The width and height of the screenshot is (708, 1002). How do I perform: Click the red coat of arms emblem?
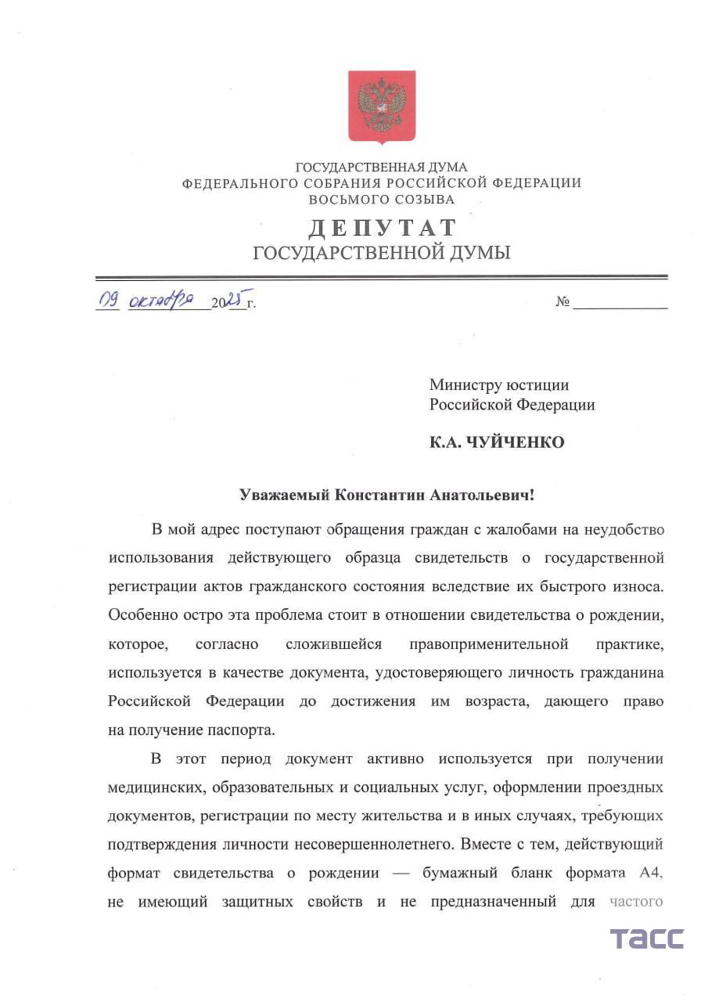point(381,106)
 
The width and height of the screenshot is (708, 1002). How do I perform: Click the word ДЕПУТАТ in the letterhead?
point(382,228)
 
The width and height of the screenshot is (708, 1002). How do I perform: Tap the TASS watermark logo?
point(646,939)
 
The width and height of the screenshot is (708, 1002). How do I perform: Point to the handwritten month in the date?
point(161,300)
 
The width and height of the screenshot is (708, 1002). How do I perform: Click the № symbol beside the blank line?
point(562,302)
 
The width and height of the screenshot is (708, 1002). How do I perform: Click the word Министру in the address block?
point(462,384)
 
